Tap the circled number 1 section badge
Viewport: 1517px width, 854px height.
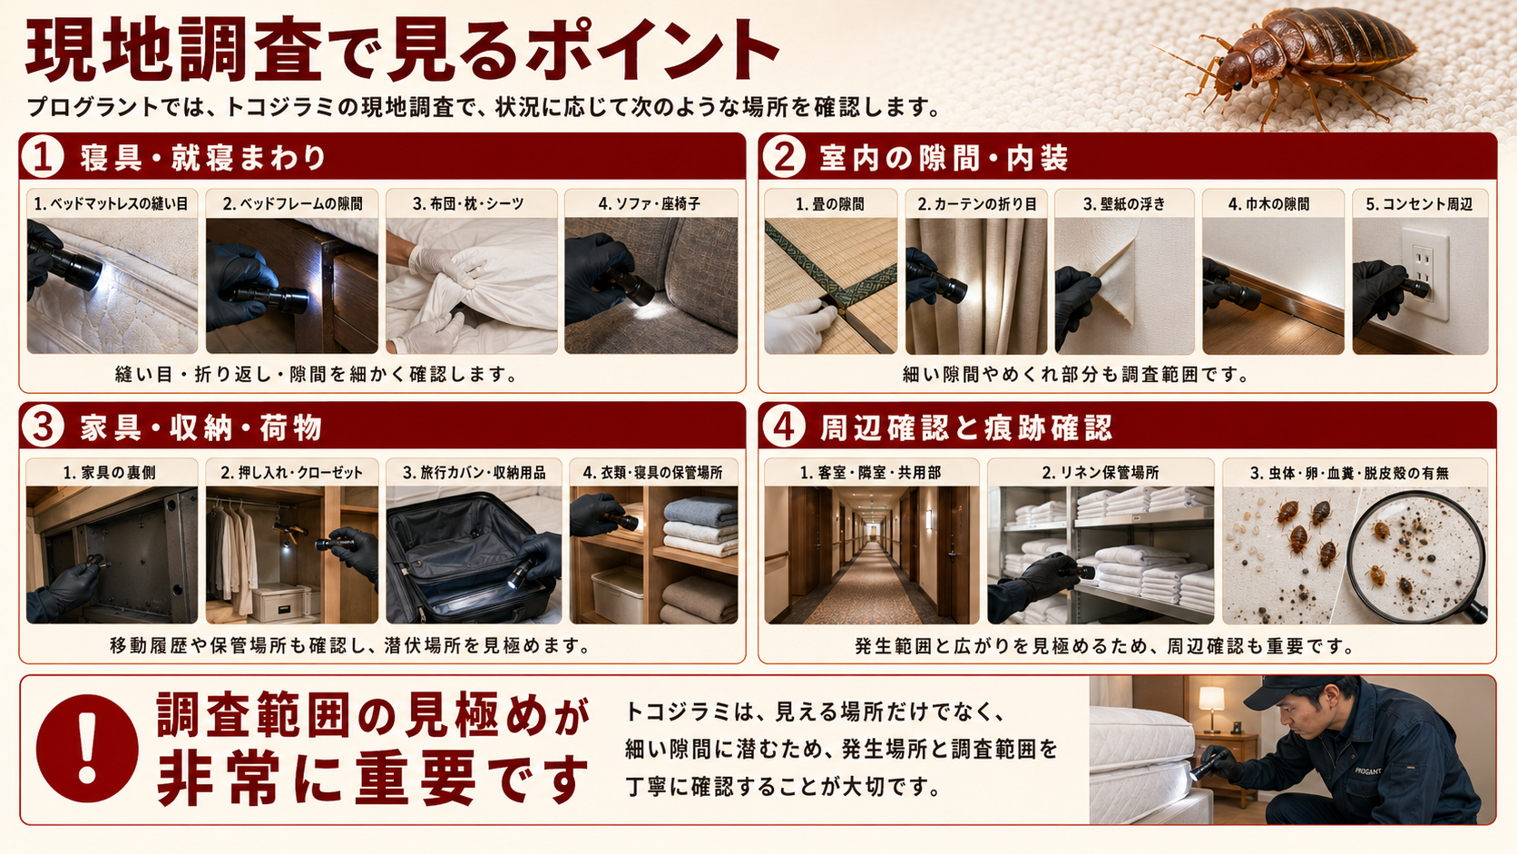(x=43, y=156)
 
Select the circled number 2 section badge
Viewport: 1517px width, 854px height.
(x=784, y=156)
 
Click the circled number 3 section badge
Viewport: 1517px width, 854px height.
(x=43, y=427)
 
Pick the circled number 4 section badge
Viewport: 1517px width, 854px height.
(x=784, y=427)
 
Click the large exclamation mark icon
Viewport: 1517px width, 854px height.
(x=87, y=749)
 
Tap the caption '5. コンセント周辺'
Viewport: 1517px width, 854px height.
(x=1419, y=204)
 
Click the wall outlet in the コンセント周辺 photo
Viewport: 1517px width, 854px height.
(x=1424, y=274)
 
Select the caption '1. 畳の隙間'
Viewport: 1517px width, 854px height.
(x=829, y=204)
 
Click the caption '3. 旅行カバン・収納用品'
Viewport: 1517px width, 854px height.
(x=474, y=473)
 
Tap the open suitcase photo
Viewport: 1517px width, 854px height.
(x=474, y=555)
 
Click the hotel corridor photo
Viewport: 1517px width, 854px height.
(x=872, y=555)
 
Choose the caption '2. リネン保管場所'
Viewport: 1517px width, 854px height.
(x=1101, y=473)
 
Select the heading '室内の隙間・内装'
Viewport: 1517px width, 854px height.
(x=944, y=158)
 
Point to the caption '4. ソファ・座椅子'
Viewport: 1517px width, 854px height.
(x=650, y=204)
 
